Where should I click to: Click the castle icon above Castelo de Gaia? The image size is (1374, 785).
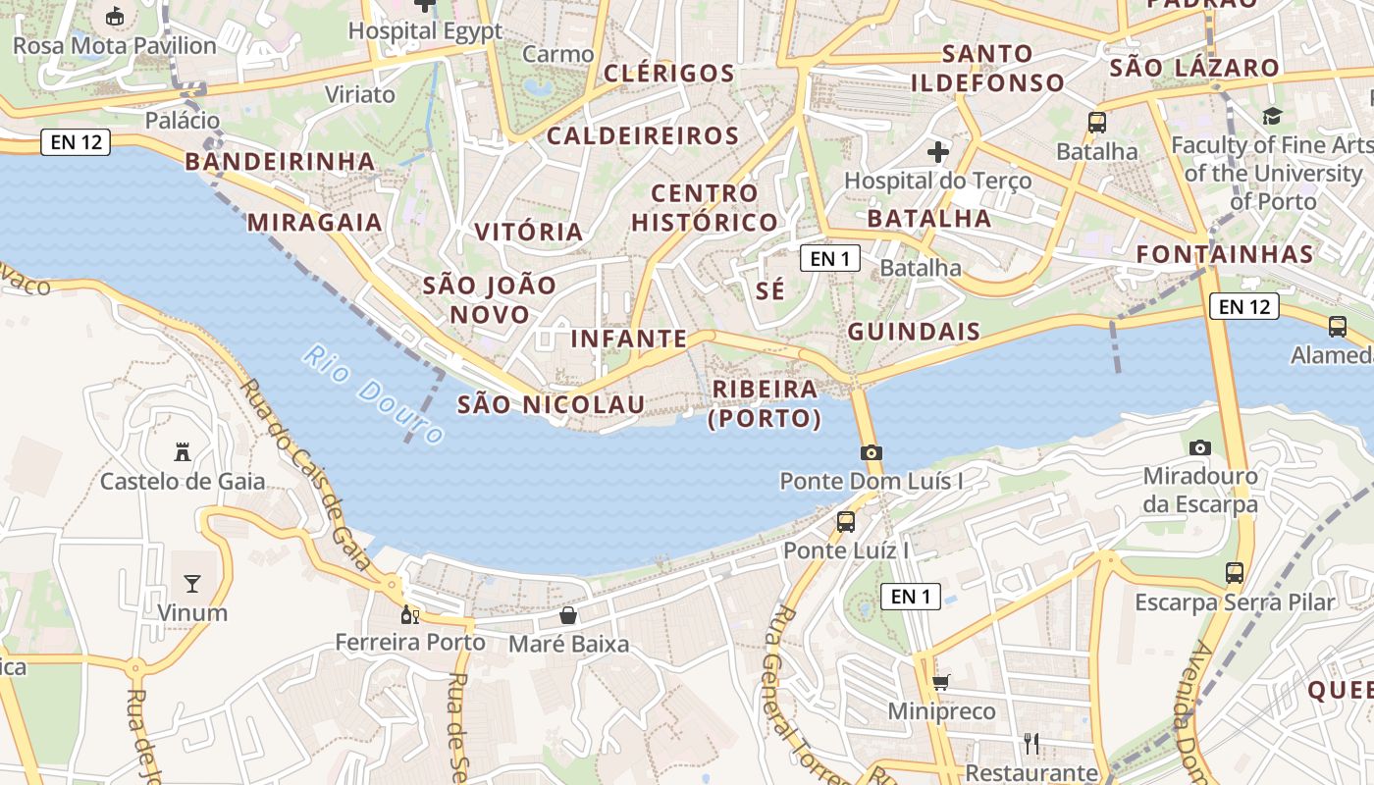(x=182, y=452)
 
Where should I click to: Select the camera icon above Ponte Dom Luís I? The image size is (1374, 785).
(x=871, y=452)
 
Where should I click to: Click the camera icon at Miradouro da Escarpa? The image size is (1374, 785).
(x=1199, y=447)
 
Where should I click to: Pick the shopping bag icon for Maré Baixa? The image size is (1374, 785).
(x=567, y=615)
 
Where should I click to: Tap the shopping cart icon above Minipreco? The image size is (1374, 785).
(x=940, y=681)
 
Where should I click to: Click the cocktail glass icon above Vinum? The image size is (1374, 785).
(x=191, y=584)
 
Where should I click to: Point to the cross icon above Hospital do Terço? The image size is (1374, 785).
(x=938, y=152)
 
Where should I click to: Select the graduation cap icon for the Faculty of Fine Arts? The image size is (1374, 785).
(x=1273, y=116)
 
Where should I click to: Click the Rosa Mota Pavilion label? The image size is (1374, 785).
(x=115, y=46)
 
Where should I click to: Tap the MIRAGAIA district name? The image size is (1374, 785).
(x=314, y=222)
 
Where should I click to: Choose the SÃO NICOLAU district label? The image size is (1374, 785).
(x=552, y=404)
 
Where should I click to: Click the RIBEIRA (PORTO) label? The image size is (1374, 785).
(x=765, y=403)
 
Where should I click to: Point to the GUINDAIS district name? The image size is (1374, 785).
(x=914, y=332)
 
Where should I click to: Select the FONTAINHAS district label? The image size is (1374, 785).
(x=1225, y=254)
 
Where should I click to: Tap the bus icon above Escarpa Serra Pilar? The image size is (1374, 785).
(x=1235, y=572)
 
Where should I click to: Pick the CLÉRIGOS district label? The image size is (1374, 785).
(x=668, y=74)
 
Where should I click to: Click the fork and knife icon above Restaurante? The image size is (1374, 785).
(x=1030, y=743)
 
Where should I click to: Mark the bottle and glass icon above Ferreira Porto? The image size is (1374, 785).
(x=410, y=614)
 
